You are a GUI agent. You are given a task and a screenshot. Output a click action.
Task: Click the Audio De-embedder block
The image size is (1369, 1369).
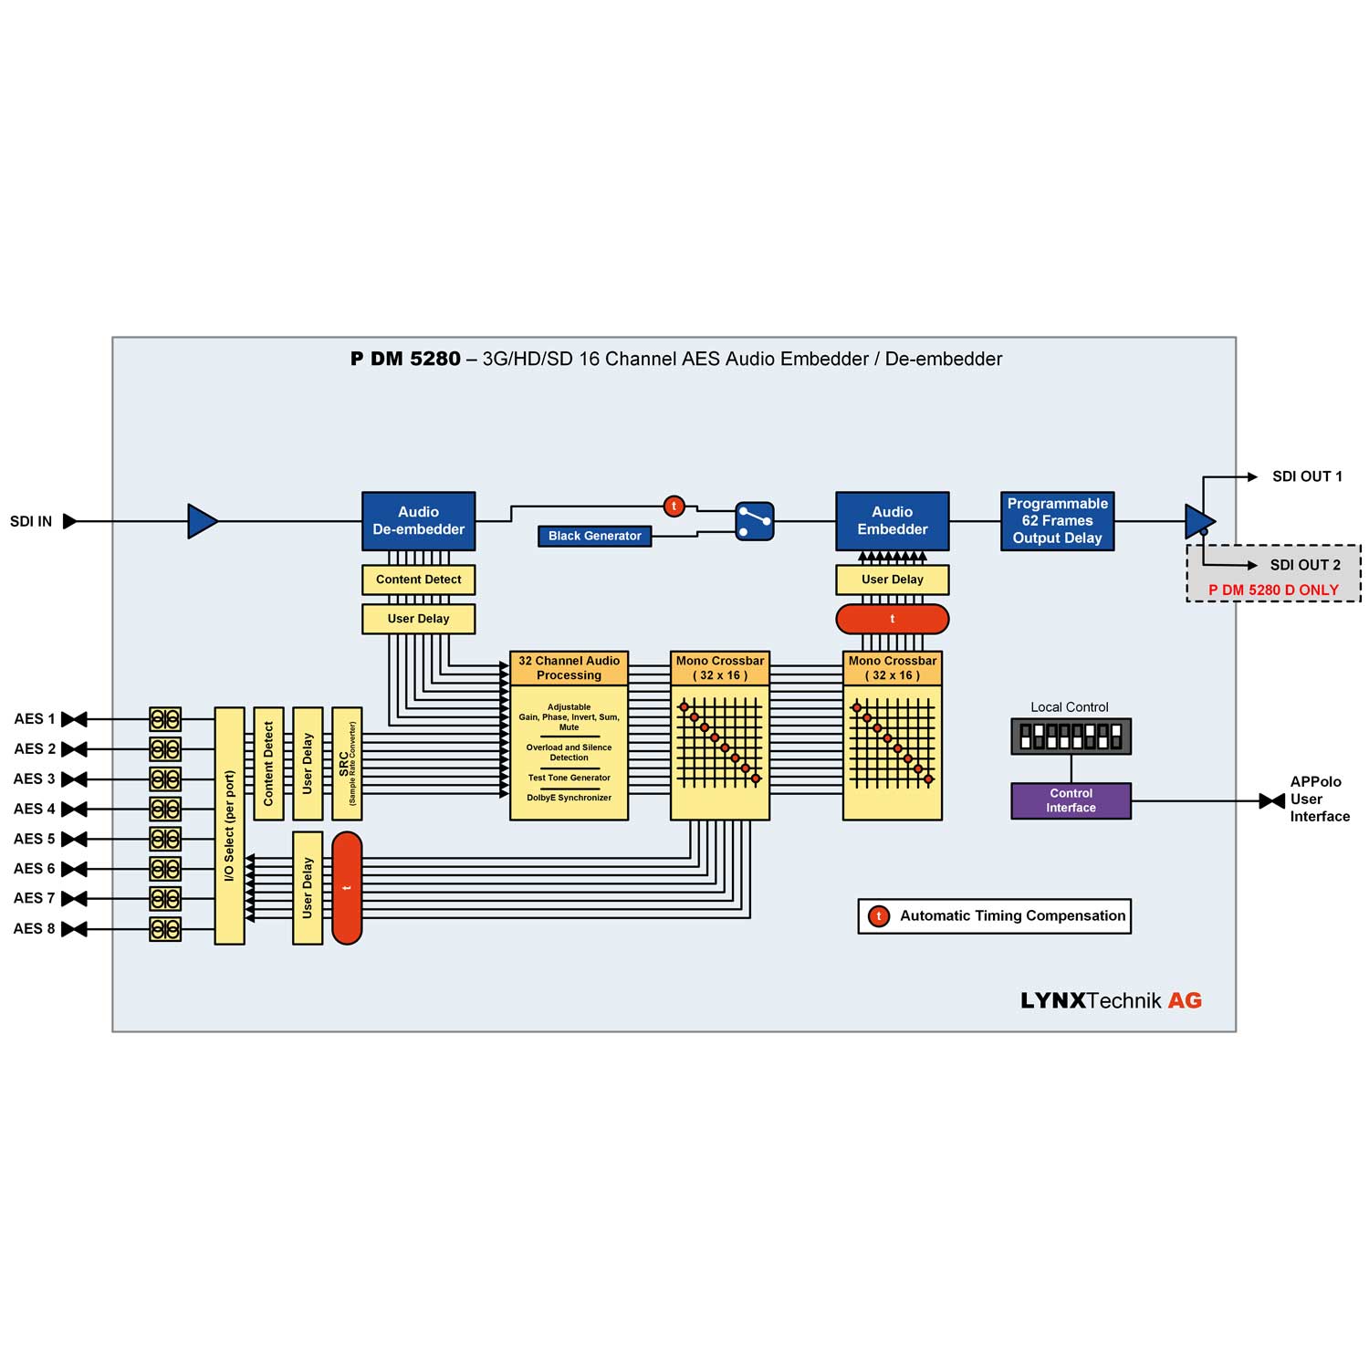418,521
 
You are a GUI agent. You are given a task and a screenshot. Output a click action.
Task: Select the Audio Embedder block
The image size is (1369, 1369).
892,521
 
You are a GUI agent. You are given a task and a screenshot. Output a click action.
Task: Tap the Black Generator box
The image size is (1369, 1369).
594,536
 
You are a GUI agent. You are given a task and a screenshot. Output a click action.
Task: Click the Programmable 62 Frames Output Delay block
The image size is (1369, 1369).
1057,521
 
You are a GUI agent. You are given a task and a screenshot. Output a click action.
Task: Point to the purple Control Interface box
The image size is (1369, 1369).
1071,800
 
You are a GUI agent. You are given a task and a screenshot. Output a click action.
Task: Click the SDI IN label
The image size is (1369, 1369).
31,521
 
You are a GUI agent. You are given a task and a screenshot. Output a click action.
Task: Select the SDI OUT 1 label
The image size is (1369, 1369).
1307,476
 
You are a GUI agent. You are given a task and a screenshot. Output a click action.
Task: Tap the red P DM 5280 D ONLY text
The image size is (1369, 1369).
1273,590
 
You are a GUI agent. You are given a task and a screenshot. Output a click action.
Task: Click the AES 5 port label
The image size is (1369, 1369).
35,839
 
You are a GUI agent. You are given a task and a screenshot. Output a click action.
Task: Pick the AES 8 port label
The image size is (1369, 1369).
35,928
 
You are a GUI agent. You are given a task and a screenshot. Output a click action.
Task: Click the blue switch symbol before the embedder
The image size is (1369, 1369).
755,521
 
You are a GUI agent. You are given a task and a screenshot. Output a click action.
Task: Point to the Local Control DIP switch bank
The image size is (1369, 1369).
1071,737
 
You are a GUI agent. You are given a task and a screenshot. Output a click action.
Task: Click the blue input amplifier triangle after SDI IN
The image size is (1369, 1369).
202,521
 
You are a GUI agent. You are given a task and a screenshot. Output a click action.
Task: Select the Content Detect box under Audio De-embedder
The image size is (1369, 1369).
418,580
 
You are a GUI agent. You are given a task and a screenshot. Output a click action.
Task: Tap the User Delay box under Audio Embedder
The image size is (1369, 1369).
892,580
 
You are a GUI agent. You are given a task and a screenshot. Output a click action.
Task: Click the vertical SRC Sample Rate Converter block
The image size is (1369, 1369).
347,763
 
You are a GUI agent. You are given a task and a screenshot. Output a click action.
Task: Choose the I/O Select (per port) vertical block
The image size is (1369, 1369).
229,825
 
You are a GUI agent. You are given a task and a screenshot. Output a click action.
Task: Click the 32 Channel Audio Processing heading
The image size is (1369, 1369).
569,668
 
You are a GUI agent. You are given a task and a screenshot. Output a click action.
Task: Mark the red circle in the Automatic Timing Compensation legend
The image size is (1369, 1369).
879,916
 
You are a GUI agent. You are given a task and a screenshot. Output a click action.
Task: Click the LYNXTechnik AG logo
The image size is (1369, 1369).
1111,1000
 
